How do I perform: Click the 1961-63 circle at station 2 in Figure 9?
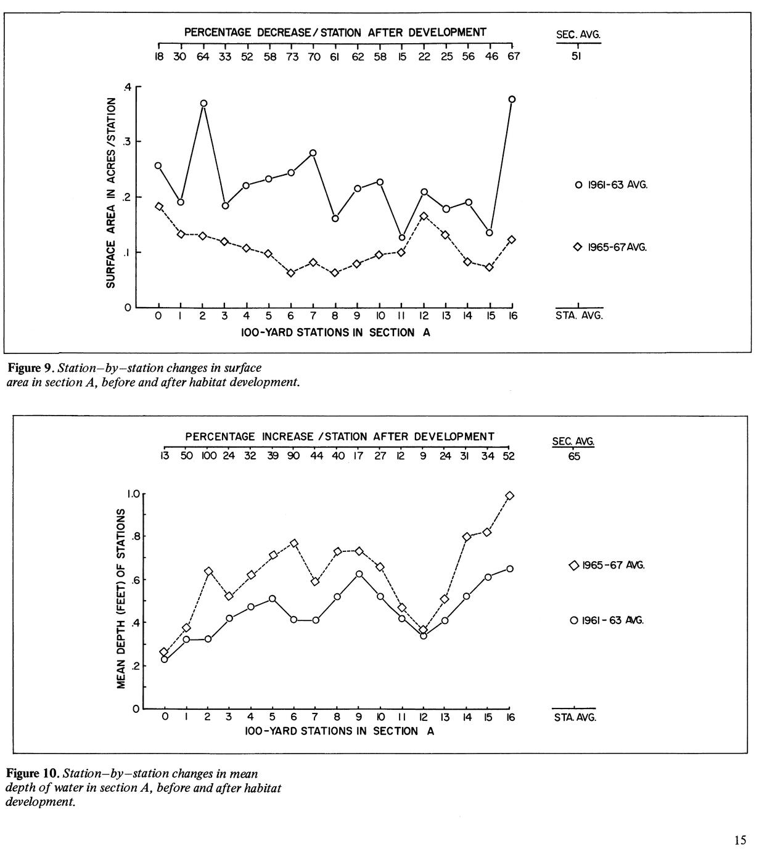click(203, 104)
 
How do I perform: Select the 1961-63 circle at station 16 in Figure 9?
click(512, 99)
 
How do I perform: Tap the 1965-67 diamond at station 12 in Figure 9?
click(424, 216)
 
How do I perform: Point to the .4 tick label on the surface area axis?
click(127, 87)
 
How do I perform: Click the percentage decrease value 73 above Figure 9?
click(292, 57)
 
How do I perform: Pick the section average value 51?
click(578, 57)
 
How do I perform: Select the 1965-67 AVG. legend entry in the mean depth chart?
click(607, 565)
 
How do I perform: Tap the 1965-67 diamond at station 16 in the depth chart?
click(509, 496)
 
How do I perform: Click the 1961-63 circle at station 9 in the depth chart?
click(359, 574)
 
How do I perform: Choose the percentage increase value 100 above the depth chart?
click(208, 456)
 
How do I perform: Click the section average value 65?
click(574, 457)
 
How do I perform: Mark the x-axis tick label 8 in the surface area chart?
click(335, 316)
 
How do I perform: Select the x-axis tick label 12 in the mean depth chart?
click(423, 717)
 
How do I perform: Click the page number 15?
click(741, 839)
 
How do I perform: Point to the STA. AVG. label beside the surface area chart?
click(579, 316)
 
